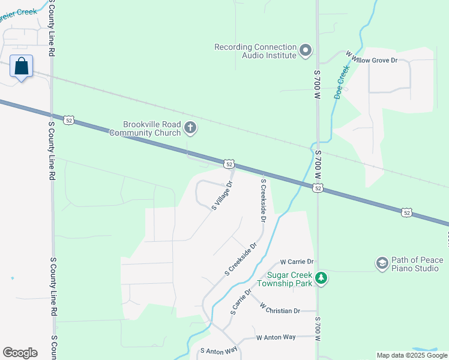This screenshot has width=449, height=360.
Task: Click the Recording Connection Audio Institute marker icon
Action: pyautogui.click(x=306, y=50)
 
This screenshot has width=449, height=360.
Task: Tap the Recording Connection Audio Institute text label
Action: pyautogui.click(x=256, y=51)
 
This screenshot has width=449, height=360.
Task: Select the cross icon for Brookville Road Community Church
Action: pyautogui.click(x=190, y=127)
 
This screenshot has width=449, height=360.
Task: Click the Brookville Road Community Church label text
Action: pyautogui.click(x=145, y=128)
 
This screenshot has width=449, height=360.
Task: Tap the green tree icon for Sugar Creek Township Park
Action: pyautogui.click(x=322, y=278)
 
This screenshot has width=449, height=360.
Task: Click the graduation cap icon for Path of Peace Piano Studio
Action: pyautogui.click(x=382, y=263)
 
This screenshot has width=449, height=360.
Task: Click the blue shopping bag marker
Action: pyautogui.click(x=22, y=67)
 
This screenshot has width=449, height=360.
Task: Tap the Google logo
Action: pyautogui.click(x=20, y=353)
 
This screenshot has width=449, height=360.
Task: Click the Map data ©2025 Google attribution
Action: pyautogui.click(x=411, y=355)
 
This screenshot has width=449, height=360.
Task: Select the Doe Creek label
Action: pyautogui.click(x=341, y=82)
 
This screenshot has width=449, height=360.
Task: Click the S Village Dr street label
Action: pyautogui.click(x=221, y=196)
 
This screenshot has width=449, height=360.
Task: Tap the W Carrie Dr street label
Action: pyautogui.click(x=298, y=262)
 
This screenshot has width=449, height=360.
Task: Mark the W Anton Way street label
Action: pyautogui.click(x=276, y=337)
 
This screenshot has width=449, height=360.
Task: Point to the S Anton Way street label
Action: pyautogui.click(x=219, y=350)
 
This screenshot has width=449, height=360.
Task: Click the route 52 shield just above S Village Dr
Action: pyautogui.click(x=229, y=163)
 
